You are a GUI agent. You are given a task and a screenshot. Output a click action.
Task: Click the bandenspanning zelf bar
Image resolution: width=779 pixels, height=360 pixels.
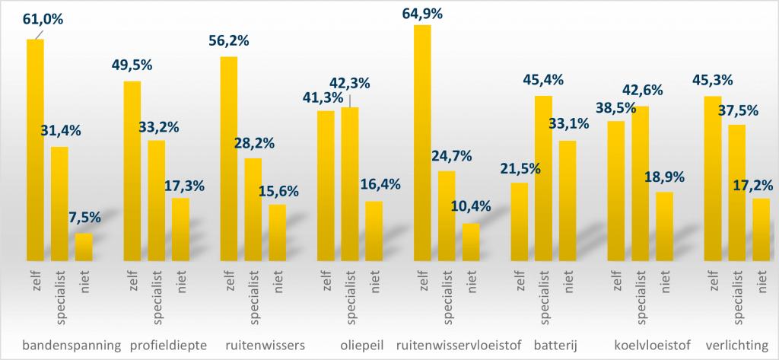coord(35,149)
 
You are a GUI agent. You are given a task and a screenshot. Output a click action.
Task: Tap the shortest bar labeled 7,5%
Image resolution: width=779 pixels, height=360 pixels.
coord(84,247)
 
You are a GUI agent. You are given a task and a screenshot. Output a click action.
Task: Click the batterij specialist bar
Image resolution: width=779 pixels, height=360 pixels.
coord(543,178)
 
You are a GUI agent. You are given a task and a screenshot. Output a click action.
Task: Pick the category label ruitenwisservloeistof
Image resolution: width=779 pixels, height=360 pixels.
coord(454,346)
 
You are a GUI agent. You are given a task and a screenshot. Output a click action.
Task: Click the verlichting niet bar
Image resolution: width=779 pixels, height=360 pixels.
coord(762,229)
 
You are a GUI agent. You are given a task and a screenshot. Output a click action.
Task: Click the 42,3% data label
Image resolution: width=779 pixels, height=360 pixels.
coord(350,82)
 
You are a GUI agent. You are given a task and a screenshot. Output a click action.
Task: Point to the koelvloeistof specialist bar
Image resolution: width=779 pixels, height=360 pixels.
coord(640,183)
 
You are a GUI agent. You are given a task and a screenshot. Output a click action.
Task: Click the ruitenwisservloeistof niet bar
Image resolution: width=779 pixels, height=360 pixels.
coord(470,241)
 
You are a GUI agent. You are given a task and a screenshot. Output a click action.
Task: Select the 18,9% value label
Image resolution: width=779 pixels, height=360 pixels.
coord(664,177)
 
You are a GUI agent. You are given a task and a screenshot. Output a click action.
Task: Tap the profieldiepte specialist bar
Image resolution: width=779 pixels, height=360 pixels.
coord(156,200)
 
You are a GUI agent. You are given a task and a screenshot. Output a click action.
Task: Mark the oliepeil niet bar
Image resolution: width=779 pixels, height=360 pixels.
coord(374,231)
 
